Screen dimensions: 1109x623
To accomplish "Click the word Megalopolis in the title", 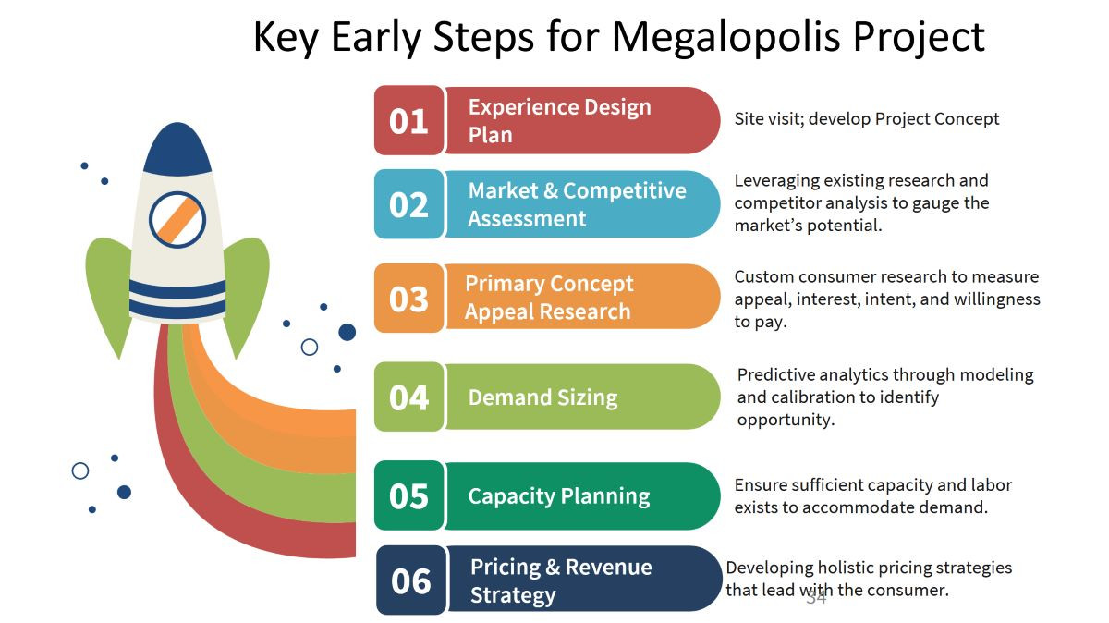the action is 725,38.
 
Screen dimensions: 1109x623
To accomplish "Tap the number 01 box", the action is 408,120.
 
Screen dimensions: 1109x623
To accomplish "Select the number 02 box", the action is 408,204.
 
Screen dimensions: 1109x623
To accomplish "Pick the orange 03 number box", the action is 408,299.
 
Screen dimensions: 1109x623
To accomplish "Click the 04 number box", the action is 408,397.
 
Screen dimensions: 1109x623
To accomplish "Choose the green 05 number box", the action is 408,495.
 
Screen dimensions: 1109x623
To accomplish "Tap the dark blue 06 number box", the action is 411,580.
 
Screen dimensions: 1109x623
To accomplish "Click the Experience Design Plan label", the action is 559,121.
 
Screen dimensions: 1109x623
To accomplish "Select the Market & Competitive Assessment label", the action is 578,204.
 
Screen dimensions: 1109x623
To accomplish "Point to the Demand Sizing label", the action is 543,397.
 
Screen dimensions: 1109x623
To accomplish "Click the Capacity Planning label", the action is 559,496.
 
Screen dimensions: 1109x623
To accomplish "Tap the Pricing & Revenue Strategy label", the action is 561,580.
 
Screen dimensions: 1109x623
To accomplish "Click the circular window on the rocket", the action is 177,219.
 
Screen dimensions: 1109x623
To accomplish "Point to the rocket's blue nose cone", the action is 177,149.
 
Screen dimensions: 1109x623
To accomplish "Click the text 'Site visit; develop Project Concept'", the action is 867,119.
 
